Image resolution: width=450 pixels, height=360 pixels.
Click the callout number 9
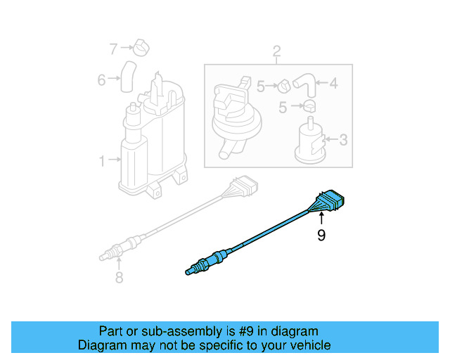tap(321, 236)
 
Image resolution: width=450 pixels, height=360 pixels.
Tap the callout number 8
tap(119, 278)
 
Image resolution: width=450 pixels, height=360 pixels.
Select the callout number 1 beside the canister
tap(101, 161)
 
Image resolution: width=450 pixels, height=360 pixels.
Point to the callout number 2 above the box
tap(276, 51)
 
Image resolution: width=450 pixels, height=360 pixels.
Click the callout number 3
tap(343, 140)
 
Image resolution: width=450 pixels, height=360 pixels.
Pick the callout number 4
tap(333, 84)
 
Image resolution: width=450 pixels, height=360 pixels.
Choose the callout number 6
tap(101, 80)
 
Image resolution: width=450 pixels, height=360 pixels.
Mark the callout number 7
tap(113, 48)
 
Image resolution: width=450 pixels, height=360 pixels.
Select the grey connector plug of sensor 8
tap(245, 188)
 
